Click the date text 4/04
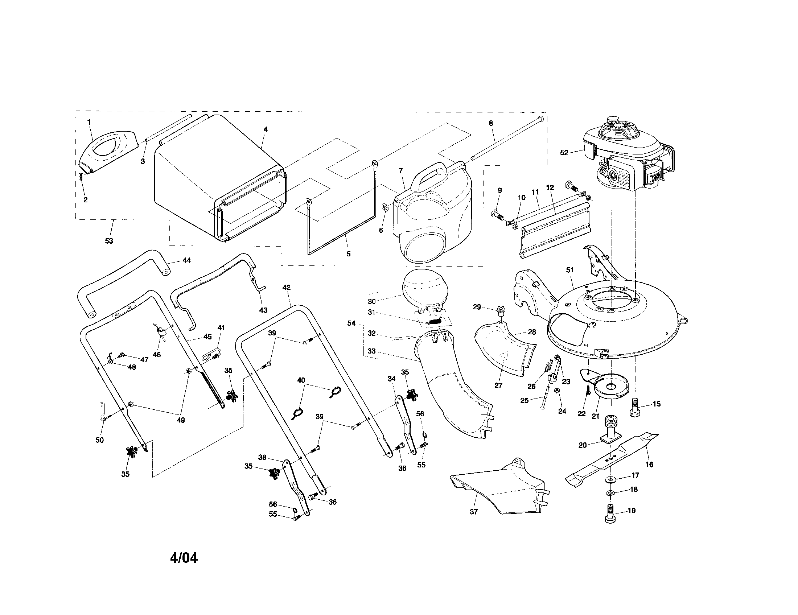184,558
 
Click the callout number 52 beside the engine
564,153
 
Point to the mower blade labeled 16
612,459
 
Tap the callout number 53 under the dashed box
109,241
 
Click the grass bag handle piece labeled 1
108,150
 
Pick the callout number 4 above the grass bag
266,129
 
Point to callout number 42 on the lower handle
287,288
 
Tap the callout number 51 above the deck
570,270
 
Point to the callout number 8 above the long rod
491,123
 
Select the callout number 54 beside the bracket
351,323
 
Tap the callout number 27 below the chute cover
498,385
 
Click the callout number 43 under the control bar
263,310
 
